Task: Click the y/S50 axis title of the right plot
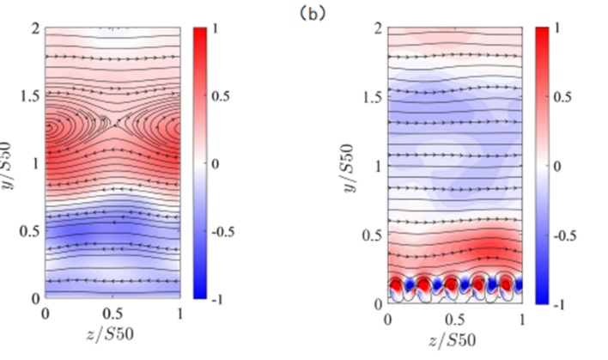pos(355,163)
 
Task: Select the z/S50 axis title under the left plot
pos(112,332)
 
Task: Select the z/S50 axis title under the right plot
pos(456,336)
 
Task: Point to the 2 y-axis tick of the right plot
pos(378,28)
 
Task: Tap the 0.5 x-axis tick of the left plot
pos(112,314)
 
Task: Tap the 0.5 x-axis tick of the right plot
pos(456,319)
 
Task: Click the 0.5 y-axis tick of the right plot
pos(373,235)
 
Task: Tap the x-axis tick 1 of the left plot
pos(179,314)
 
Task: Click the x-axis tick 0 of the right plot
pos(389,319)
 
